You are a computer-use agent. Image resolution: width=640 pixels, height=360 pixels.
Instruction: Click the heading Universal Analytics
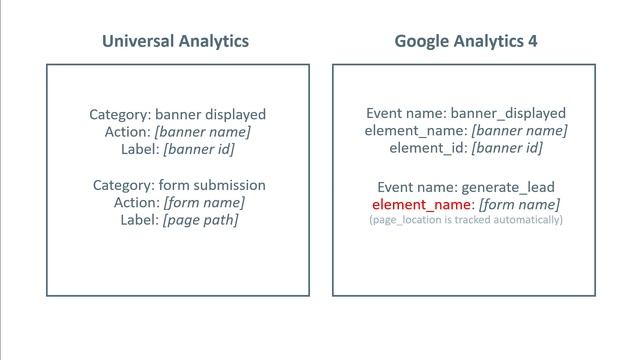pyautogui.click(x=176, y=41)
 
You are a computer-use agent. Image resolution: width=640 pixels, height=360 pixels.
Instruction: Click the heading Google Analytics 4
pyautogui.click(x=465, y=41)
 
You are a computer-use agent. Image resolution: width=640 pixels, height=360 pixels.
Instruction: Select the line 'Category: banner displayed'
pyautogui.click(x=178, y=114)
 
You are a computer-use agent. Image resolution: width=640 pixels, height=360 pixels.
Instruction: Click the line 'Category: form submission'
pyautogui.click(x=179, y=185)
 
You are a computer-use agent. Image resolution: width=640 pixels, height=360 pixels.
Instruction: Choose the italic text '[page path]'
pyautogui.click(x=200, y=219)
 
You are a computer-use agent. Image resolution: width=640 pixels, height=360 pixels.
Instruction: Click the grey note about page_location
pyautogui.click(x=466, y=219)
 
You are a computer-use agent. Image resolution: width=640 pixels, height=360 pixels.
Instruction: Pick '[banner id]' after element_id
pyautogui.click(x=507, y=148)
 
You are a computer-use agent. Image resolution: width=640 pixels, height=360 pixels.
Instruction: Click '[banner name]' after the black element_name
pyautogui.click(x=519, y=131)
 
